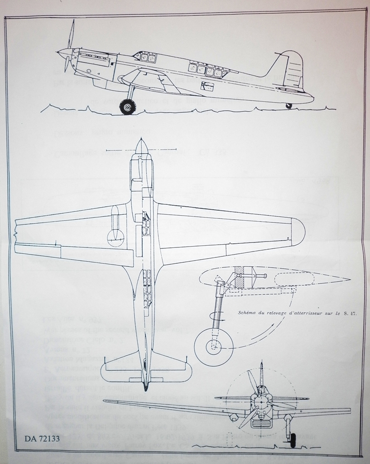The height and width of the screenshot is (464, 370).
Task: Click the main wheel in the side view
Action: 128,107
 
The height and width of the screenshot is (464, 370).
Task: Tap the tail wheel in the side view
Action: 289,106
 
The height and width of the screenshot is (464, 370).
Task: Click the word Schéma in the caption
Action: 249,313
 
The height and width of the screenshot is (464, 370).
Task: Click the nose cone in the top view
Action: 141,145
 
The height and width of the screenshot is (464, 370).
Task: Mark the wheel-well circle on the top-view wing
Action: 115,236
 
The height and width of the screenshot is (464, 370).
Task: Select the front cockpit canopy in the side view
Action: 147,57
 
